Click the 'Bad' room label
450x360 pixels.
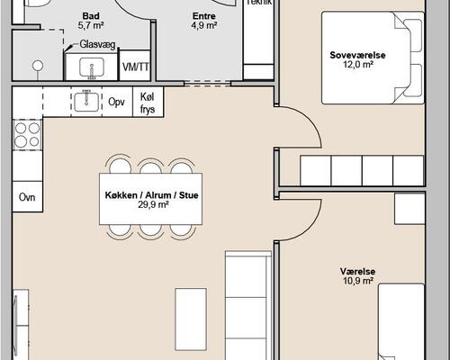(x=90, y=16)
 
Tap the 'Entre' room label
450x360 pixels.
(x=204, y=16)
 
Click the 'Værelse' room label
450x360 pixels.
(x=357, y=270)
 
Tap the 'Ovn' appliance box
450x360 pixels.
(x=27, y=196)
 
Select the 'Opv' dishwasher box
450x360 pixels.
(x=117, y=102)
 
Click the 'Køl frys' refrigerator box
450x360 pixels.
(x=148, y=102)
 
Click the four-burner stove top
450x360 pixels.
(x=27, y=135)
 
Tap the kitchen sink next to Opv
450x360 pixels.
(x=87, y=101)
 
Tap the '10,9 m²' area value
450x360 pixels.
(x=357, y=281)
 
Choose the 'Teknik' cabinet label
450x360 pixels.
(x=259, y=3)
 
